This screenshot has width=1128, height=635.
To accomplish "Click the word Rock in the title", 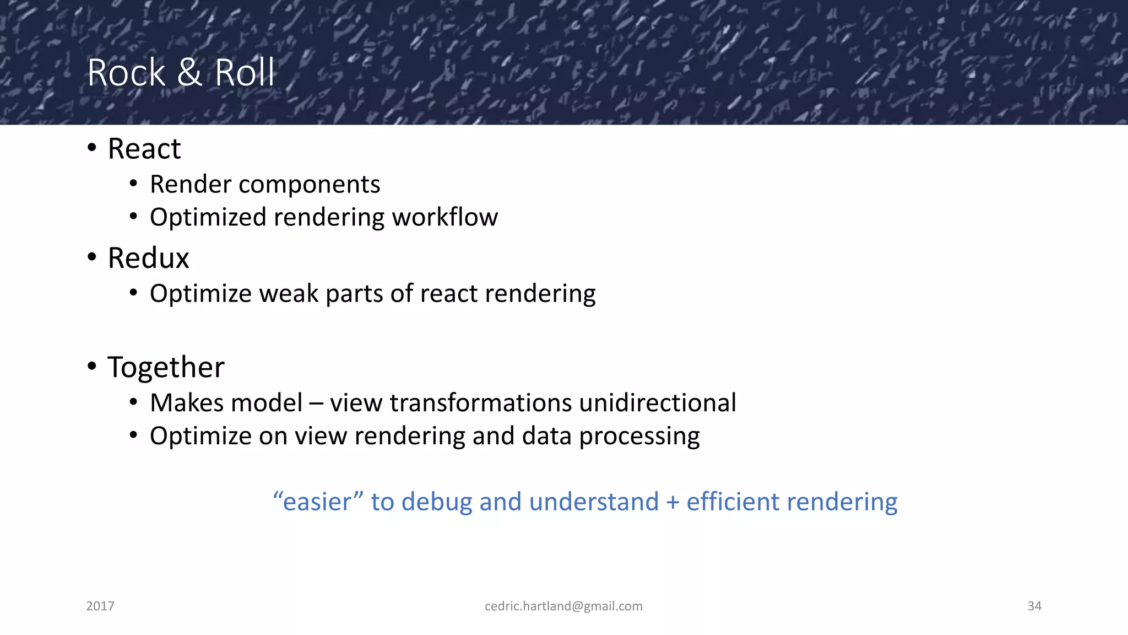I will [x=126, y=73].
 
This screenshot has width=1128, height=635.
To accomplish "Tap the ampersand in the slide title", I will [x=189, y=73].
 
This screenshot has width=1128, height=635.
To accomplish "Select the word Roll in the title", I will [x=244, y=73].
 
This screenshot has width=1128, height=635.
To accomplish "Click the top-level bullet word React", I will [x=144, y=149].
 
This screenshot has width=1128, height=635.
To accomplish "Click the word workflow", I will [x=444, y=217].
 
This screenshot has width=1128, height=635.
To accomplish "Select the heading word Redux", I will [x=148, y=258].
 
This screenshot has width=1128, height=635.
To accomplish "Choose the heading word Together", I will [x=166, y=368].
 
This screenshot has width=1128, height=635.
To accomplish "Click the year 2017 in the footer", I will [x=100, y=606].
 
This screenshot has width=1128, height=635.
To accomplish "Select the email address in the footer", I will [x=563, y=606].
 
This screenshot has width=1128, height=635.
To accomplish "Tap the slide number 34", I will [x=1034, y=606].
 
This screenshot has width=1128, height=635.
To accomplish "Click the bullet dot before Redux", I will [x=92, y=257].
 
